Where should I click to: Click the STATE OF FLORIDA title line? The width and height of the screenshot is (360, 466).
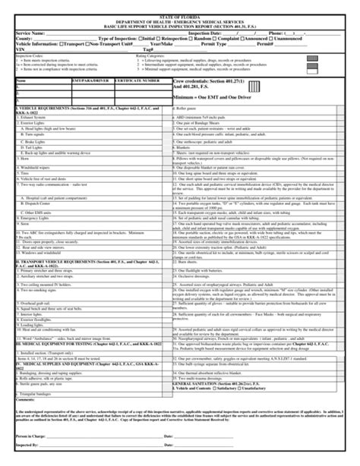[x=180, y=7]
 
